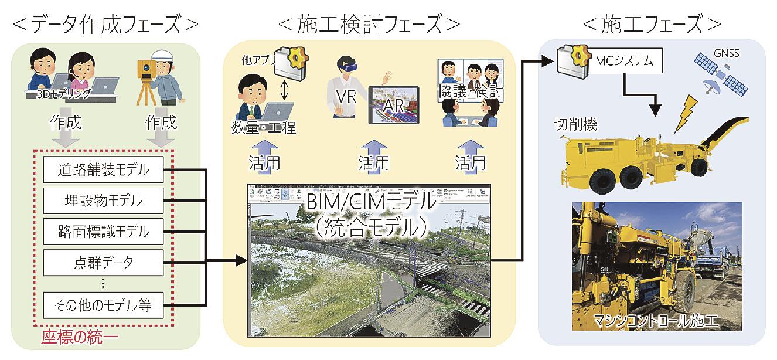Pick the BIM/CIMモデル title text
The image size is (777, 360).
click(369, 205)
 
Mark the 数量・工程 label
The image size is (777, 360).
click(263, 127)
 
